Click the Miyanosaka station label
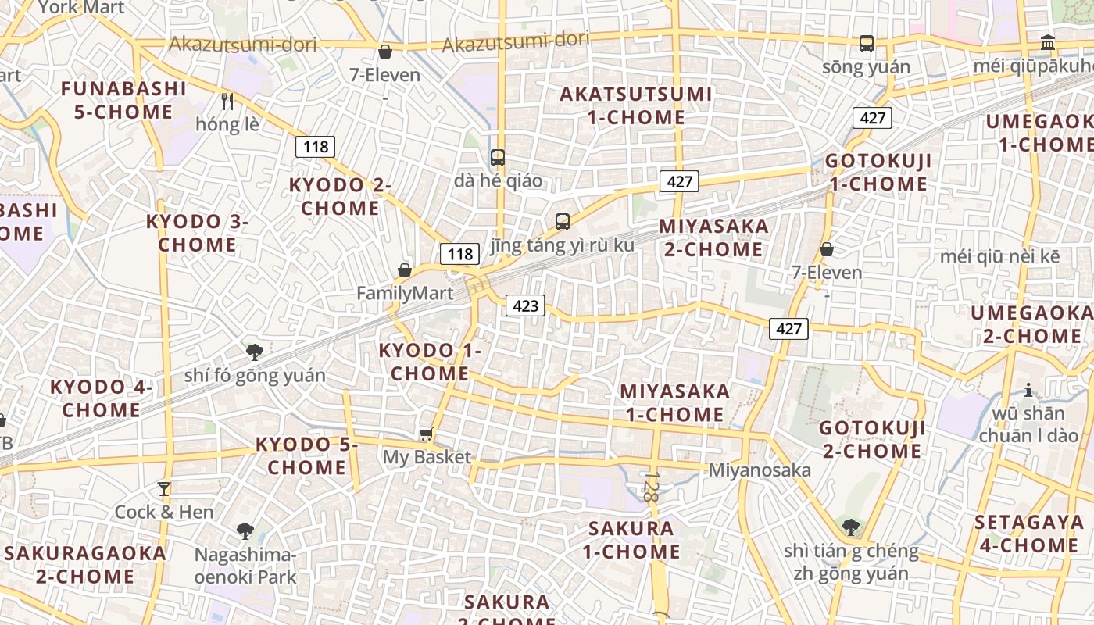759,470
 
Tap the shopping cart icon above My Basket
426,434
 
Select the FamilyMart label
405,293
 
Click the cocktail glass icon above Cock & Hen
164,489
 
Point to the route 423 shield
525,305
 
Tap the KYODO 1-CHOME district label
430,362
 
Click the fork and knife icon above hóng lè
227,102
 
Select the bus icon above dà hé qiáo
498,158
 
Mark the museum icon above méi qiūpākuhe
1048,43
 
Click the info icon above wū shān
1028,390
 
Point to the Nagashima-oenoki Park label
245,566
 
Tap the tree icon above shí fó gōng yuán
254,352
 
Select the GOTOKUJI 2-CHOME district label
872,439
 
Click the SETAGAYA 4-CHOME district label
1029,534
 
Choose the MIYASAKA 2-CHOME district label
713,237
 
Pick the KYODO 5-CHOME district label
306,455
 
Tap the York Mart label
81,8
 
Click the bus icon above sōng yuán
867,44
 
